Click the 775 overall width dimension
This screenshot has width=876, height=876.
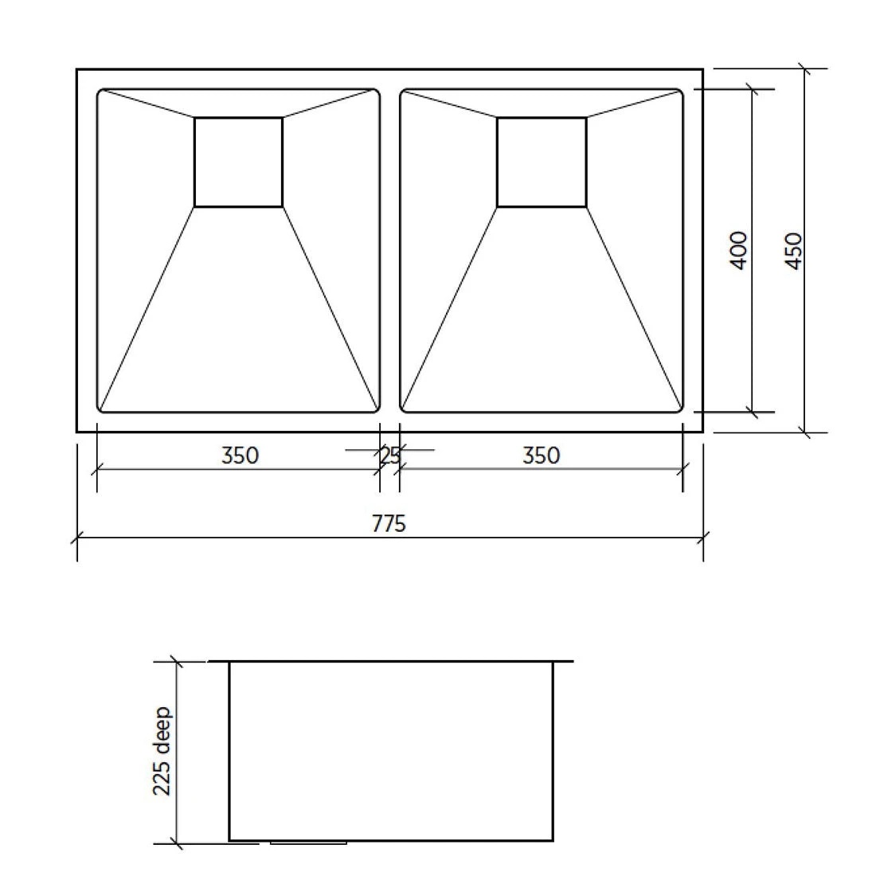coord(389,523)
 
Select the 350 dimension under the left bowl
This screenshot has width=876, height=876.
coord(240,456)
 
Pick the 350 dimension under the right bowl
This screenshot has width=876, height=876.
coord(542,456)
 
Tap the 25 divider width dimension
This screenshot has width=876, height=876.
coord(389,456)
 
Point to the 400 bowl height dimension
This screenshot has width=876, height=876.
coord(739,250)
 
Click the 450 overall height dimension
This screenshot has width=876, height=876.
coord(793,250)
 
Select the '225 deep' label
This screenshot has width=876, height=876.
coord(162,751)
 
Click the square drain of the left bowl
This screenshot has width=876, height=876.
coord(238,162)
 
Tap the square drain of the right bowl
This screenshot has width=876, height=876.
coord(542,162)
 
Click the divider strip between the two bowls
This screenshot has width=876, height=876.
coord(389,250)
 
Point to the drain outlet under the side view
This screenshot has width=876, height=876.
coord(309,842)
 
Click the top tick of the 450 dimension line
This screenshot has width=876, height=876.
coord(805,69)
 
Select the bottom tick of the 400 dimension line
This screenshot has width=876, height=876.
coord(751,413)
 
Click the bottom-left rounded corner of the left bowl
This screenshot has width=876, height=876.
coord(100,409)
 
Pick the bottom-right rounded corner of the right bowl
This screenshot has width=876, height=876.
coord(680,409)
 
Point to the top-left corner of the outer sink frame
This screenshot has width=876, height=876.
coord(78,70)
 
